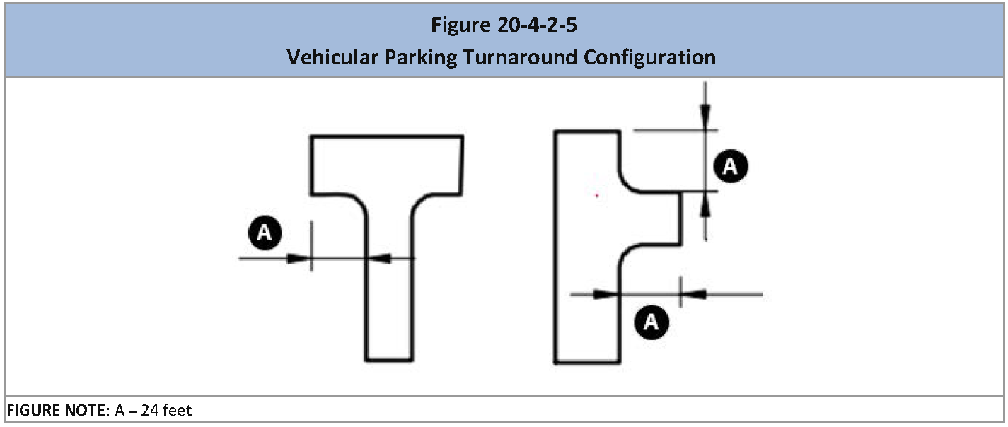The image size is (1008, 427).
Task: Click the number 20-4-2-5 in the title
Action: click(x=537, y=25)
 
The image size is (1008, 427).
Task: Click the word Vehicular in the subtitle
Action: click(x=332, y=57)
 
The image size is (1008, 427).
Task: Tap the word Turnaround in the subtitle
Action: click(x=520, y=57)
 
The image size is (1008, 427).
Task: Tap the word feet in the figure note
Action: click(x=178, y=410)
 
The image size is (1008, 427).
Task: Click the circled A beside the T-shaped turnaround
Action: click(x=265, y=233)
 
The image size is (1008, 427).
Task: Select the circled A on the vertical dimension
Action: click(x=731, y=166)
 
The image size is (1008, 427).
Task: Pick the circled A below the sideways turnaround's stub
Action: click(x=651, y=322)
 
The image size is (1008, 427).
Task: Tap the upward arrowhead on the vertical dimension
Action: click(x=705, y=205)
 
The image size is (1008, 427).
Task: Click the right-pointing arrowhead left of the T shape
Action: click(x=299, y=258)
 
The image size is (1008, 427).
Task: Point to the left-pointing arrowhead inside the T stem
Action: click(x=379, y=258)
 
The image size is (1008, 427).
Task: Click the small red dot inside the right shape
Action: click(x=597, y=195)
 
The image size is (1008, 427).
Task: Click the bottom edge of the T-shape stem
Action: click(x=389, y=360)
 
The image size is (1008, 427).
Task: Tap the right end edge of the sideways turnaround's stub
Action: click(x=680, y=218)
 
